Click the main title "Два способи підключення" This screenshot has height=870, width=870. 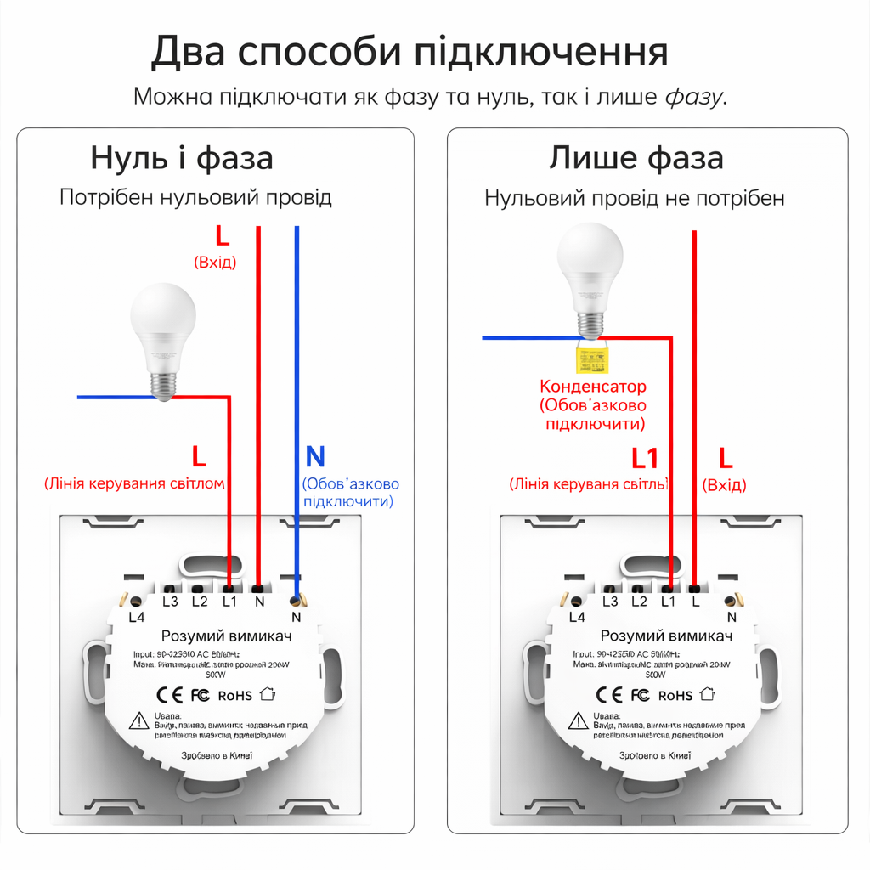point(410,52)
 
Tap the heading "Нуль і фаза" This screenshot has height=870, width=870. point(182,158)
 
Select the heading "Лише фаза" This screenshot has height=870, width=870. point(636,158)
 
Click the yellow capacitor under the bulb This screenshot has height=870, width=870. point(591,359)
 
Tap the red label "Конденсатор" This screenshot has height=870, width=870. point(593,387)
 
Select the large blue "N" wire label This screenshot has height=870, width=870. point(315,457)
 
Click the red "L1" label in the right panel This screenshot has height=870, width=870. point(645,459)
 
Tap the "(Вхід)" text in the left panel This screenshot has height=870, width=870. point(215,262)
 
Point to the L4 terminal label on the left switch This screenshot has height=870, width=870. point(137,617)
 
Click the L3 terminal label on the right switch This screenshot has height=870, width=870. point(609,602)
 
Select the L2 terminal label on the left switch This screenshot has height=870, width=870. point(200,602)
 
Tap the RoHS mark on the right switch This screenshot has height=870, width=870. point(675,695)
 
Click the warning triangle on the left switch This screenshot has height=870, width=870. point(138,721)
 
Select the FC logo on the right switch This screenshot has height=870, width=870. point(640,695)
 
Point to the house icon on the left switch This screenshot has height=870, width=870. point(268,694)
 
